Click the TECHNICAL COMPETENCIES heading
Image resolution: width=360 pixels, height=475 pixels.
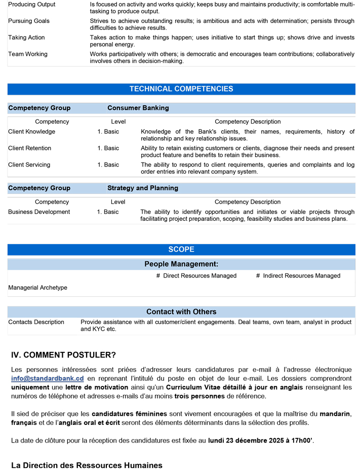181,89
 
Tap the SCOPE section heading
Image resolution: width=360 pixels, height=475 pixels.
181,250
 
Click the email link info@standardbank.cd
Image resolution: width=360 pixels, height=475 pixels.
47,378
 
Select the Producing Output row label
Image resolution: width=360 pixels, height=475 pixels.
32,5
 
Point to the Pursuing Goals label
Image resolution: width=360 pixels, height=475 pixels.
29,21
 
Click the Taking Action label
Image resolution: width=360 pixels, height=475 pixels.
26,38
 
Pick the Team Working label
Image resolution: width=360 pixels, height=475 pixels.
28,54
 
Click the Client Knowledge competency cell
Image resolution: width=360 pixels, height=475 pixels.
32,132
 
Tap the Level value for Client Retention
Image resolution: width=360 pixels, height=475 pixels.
108,148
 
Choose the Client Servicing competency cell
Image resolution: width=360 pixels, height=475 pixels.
29,165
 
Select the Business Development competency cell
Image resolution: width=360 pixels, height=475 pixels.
39,212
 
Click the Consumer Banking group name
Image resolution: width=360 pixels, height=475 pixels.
138,108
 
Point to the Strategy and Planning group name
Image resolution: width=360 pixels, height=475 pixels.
143,188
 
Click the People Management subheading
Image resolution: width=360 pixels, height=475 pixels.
181,264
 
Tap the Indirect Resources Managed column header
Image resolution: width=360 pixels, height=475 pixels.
298,276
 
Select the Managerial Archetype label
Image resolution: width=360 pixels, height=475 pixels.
37,288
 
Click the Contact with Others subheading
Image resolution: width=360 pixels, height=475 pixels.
181,312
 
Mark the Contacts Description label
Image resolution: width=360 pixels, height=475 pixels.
36,322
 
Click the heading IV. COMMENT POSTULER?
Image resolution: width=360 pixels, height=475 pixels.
63,354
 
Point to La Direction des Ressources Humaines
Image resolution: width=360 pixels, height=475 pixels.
87,465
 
